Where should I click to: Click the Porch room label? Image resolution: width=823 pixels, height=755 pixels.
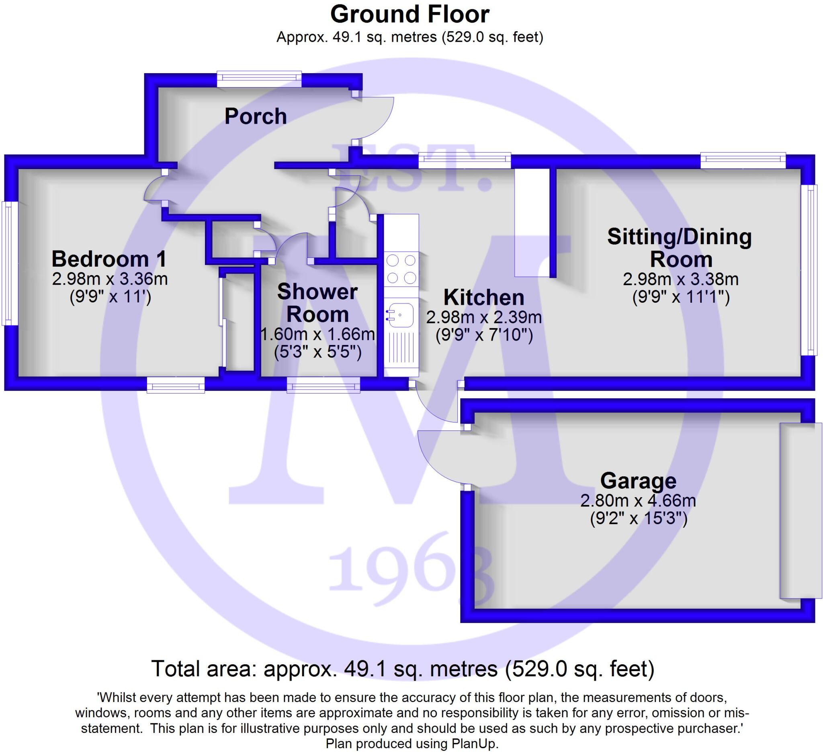click(256, 116)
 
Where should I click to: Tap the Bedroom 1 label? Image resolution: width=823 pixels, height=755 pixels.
click(109, 259)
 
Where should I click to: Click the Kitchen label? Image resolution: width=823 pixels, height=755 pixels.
click(484, 297)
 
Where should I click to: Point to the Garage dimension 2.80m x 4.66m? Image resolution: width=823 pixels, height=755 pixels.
click(638, 500)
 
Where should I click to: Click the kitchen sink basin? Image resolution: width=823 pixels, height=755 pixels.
click(401, 315)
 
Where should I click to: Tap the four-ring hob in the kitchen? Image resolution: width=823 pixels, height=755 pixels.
click(401, 269)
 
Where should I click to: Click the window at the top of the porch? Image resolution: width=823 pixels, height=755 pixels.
click(259, 79)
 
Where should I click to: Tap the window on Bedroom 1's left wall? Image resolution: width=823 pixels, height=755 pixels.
click(7, 263)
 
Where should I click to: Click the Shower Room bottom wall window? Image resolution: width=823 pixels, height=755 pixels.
click(323, 385)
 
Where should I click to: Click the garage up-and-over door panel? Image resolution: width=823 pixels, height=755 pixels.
click(800, 511)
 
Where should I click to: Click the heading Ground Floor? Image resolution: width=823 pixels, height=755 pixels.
click(409, 14)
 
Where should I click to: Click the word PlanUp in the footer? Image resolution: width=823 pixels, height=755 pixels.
click(475, 744)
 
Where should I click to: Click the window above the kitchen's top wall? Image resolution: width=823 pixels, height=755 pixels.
click(465, 160)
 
